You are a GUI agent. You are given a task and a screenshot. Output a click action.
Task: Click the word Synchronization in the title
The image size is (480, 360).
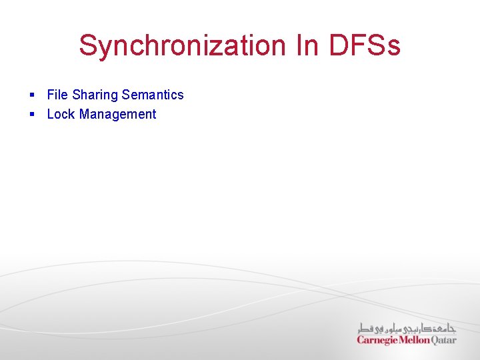pyautogui.click(x=181, y=46)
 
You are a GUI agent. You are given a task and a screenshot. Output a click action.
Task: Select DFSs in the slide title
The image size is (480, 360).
pyautogui.click(x=365, y=46)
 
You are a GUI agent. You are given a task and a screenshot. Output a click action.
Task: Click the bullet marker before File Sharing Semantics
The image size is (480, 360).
pyautogui.click(x=31, y=95)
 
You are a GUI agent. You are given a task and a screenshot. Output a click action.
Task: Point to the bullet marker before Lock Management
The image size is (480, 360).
pyautogui.click(x=31, y=115)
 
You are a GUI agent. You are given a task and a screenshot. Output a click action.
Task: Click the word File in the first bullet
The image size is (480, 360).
pyautogui.click(x=57, y=95)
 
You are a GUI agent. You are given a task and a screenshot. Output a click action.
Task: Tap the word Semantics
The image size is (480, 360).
pyautogui.click(x=153, y=95)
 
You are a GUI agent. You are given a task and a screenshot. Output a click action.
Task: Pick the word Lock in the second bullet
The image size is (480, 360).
pyautogui.click(x=61, y=114)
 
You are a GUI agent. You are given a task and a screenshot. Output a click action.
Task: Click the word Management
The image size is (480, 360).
pyautogui.click(x=117, y=115)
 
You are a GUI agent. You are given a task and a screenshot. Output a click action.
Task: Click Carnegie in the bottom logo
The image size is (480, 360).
pyautogui.click(x=378, y=340)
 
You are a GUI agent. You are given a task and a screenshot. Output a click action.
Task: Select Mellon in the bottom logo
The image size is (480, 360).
pyautogui.click(x=415, y=340)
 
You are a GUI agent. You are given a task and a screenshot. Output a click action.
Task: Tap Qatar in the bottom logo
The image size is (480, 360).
pyautogui.click(x=444, y=340)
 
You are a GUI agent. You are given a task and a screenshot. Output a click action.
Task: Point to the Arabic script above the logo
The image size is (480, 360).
pyautogui.click(x=407, y=327)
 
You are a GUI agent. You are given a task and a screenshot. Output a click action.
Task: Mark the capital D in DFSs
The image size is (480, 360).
pyautogui.click(x=339, y=46)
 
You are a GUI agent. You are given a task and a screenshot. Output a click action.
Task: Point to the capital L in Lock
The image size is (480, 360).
pyautogui.click(x=51, y=114)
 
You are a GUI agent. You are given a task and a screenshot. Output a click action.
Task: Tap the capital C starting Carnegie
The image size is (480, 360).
pyautogui.click(x=361, y=340)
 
